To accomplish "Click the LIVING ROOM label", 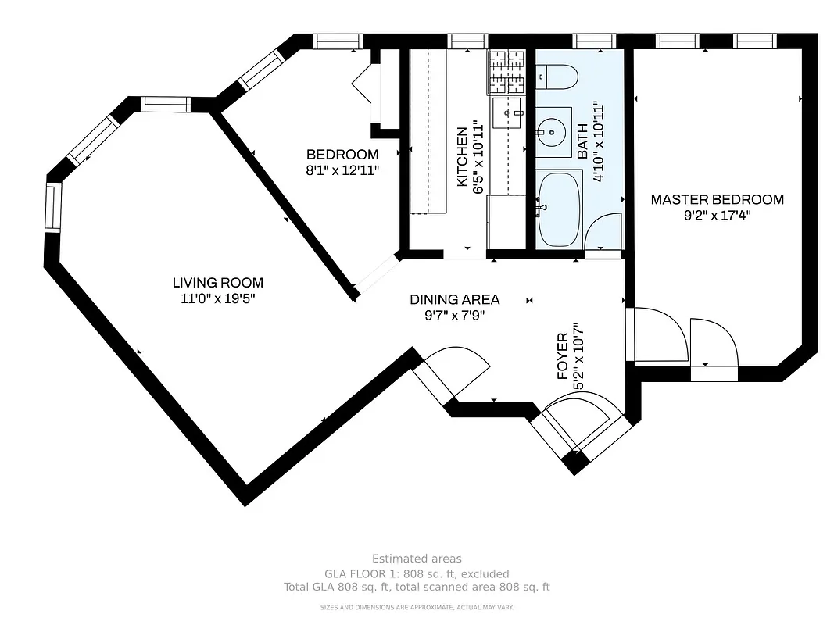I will click(217, 283).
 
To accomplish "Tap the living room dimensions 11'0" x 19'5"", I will click(217, 298).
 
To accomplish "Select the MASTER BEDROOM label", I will click(717, 199).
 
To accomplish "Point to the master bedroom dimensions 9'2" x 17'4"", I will click(717, 214).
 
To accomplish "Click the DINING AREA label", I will click(454, 299).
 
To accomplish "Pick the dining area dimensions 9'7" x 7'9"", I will click(454, 315).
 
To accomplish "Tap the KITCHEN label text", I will click(462, 157).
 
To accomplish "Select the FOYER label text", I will click(562, 357).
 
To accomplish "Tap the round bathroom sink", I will click(554, 131).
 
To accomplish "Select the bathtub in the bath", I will click(559, 208).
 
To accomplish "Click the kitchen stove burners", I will click(506, 72).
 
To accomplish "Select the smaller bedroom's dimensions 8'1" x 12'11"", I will click(342, 170).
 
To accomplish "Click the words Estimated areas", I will click(417, 559).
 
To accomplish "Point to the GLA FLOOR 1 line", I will click(417, 573).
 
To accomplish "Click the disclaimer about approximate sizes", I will click(417, 607).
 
